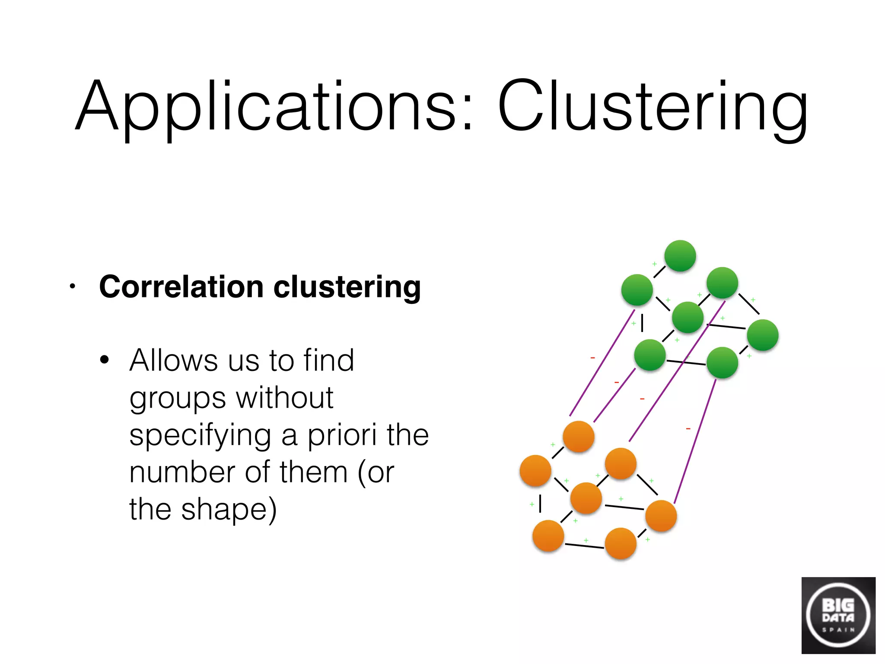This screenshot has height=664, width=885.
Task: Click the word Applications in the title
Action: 266,106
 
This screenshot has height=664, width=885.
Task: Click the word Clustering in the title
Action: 653,106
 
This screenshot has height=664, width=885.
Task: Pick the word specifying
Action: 201,436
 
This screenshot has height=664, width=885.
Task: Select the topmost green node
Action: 680,256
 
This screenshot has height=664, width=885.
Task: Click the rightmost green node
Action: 763,335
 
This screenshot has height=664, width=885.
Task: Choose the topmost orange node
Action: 579,437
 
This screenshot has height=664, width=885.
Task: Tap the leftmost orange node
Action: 535,471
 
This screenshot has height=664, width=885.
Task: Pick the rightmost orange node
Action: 661,516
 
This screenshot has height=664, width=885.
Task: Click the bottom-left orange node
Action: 548,536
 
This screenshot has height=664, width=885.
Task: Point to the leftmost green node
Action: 637,290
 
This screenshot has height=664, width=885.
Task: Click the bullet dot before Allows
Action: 104,360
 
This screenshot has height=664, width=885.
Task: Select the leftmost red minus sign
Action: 592,358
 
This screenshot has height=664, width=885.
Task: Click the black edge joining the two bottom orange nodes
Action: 584,546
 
